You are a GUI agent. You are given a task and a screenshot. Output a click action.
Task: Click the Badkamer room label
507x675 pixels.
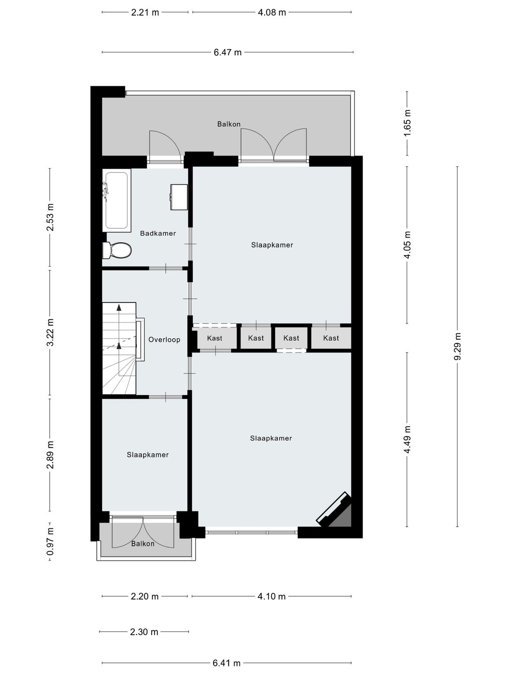[158, 233]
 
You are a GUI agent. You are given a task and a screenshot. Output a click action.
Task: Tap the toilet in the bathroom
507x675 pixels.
[117, 250]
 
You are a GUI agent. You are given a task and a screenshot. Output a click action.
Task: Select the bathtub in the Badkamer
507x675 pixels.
[117, 201]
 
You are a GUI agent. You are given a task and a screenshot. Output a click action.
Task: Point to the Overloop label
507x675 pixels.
[164, 340]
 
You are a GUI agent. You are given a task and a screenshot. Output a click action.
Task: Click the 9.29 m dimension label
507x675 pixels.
[458, 346]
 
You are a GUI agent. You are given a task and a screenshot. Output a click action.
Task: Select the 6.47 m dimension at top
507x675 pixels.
[228, 52]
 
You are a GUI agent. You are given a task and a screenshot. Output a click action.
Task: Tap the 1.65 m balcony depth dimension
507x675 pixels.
[407, 123]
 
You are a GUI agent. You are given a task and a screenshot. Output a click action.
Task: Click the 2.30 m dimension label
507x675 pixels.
[144, 632]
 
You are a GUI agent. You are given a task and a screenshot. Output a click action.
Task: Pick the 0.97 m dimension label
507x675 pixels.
[50, 541]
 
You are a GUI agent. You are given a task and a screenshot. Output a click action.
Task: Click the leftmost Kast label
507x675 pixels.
[215, 338]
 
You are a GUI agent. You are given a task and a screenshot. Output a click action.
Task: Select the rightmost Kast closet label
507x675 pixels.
[331, 338]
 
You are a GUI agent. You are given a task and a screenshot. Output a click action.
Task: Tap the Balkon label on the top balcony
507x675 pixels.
[229, 124]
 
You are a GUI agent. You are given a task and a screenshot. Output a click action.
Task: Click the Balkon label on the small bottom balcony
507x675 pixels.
[143, 544]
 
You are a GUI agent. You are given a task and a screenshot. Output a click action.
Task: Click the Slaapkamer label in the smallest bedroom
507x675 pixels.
[147, 455]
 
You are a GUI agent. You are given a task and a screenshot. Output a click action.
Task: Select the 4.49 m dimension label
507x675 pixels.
[407, 439]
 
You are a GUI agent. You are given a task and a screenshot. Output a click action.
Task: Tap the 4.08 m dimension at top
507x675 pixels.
[272, 13]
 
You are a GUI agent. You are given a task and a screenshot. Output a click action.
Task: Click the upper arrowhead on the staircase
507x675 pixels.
[119, 307]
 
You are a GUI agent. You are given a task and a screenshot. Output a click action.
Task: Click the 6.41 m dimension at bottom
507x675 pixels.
[226, 663]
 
